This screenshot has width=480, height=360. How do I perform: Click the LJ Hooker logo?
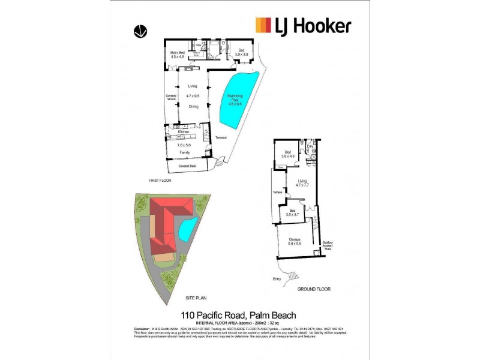pos(303,26)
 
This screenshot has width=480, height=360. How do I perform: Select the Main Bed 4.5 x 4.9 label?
pos(177,55)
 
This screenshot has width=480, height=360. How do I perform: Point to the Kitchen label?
pos(183,131)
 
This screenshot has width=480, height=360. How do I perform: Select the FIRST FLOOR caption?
pos(161,179)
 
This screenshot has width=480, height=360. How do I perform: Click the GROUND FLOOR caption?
pos(314,289)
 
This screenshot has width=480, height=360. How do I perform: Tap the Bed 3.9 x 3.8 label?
pos(241,52)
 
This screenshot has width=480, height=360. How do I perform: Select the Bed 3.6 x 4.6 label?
pos(289,154)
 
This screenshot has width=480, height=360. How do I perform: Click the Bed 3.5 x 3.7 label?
pos(292,212)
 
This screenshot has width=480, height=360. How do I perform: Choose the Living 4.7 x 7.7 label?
pos(302,183)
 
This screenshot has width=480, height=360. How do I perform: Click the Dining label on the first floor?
pos(193,107)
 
